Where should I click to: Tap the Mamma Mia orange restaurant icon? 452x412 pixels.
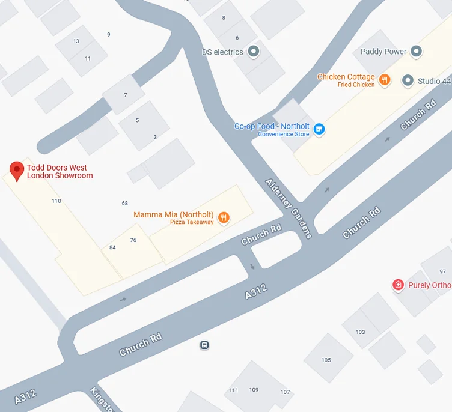224,218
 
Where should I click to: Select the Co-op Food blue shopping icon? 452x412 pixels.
319,129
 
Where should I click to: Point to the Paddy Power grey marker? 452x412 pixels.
416,52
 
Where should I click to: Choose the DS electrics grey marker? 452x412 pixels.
253,52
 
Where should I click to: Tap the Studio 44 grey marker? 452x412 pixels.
408,80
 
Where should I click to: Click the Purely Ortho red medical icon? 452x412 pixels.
397,285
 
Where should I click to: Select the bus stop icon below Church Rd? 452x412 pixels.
204,345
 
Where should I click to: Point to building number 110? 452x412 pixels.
56,201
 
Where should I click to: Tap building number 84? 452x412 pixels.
112,247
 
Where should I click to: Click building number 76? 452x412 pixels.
133,240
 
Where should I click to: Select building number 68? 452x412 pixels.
124,204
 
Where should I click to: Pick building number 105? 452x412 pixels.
326,360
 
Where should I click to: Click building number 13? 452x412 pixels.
76,41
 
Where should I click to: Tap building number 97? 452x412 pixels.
442,272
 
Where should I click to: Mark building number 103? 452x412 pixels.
360,332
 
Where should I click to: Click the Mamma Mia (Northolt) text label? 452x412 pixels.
174,214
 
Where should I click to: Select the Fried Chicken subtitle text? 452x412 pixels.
356,85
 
